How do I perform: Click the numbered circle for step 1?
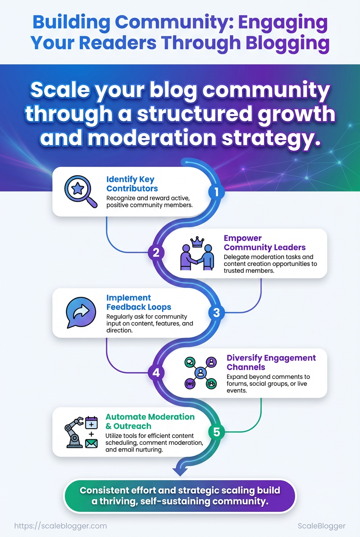216,192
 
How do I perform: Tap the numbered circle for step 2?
156,252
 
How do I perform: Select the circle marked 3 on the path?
216,313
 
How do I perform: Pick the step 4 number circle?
156,373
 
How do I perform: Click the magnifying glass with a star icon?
81,191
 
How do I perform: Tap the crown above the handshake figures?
197,242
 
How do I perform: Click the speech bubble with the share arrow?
81,312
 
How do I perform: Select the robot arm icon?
74,432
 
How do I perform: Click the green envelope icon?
92,444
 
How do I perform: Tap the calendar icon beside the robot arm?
92,423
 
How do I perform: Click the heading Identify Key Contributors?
132,184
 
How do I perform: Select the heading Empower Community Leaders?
264,243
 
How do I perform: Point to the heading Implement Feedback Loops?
139,302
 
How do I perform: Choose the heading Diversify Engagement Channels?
271,362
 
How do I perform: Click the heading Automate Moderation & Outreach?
150,421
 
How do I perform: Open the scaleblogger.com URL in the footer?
61,526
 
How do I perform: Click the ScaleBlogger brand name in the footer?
321,526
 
